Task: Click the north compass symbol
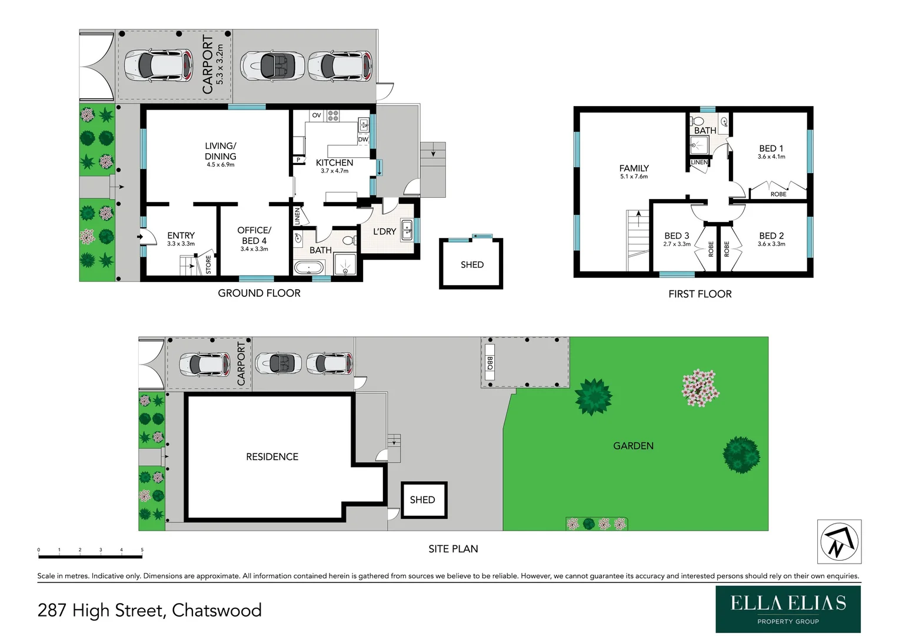839,542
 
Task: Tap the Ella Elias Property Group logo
788,609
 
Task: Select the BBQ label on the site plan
490,363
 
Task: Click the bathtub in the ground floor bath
308,268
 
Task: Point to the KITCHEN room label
334,163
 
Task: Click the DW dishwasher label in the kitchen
363,140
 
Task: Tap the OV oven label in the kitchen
317,115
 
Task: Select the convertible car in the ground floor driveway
272,65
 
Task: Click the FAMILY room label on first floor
634,168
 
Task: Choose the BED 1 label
771,148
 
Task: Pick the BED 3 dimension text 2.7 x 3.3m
677,244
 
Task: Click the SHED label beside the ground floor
472,265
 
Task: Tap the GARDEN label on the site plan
633,446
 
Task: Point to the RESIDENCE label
272,456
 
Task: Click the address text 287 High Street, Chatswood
149,610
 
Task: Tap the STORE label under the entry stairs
208,264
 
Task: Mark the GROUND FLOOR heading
259,293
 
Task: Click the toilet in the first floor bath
698,121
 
